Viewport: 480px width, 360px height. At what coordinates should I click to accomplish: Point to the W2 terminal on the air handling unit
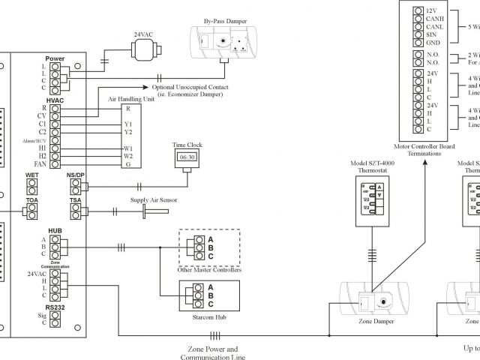[128, 156]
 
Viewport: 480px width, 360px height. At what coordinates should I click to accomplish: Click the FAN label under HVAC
[40, 163]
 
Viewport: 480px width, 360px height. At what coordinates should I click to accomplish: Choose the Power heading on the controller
[55, 58]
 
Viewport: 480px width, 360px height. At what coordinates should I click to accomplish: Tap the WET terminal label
[32, 175]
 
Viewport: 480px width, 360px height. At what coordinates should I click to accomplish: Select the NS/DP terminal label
[76, 175]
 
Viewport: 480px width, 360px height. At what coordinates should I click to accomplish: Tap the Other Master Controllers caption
[209, 268]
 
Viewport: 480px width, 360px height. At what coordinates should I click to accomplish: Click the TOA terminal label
[32, 201]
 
